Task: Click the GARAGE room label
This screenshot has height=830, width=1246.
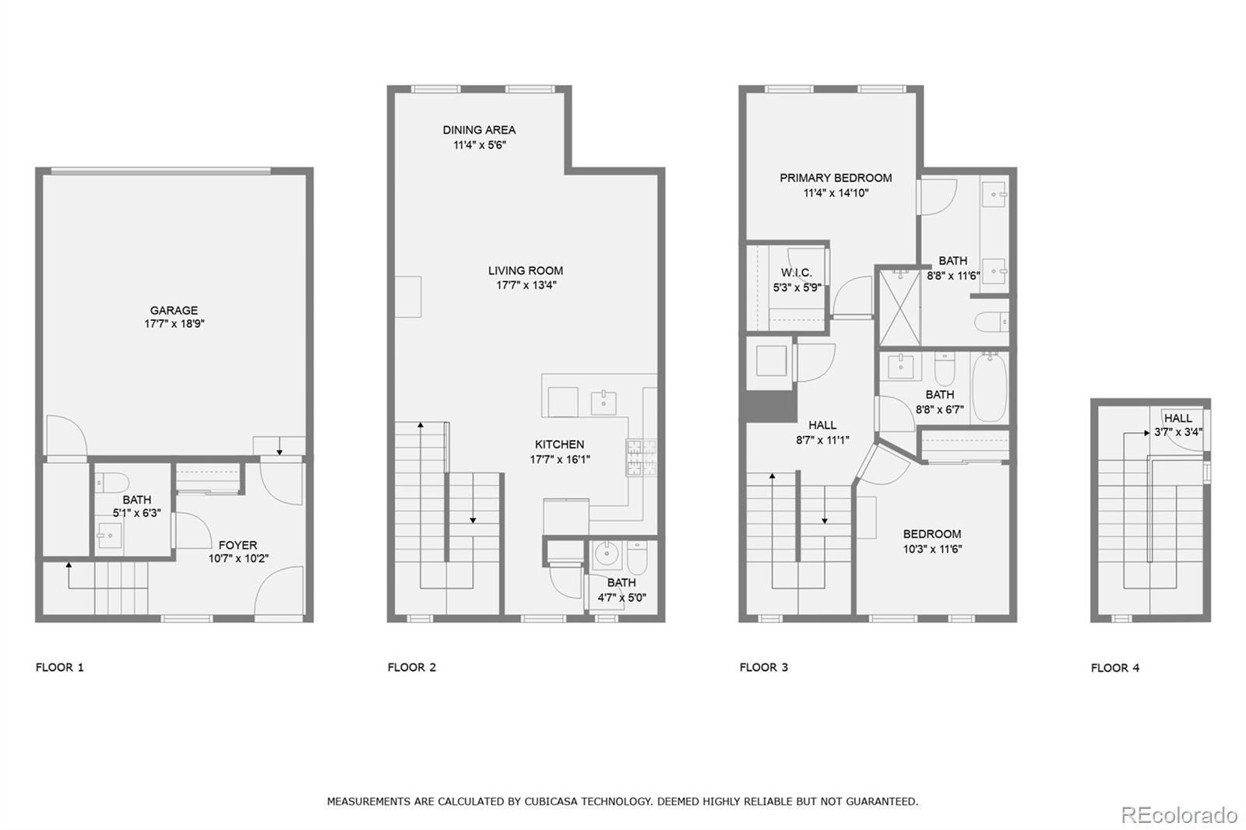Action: (x=174, y=310)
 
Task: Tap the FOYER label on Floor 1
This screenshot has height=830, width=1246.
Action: (x=238, y=545)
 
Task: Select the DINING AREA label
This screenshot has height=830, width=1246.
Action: (x=479, y=130)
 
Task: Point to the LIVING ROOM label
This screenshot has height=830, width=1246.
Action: (x=526, y=270)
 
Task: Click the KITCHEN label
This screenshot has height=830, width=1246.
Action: (x=560, y=445)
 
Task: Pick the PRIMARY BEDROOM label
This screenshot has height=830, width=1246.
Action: (x=836, y=178)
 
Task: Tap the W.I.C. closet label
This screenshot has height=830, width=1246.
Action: (x=796, y=273)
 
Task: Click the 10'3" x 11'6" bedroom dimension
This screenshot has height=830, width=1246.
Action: (x=932, y=549)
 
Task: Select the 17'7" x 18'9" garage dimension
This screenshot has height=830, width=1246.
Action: (x=174, y=324)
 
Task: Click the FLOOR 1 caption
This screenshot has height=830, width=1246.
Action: (x=60, y=667)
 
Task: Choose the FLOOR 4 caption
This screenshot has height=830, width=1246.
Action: (x=1115, y=668)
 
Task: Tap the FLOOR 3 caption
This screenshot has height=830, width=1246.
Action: (x=764, y=667)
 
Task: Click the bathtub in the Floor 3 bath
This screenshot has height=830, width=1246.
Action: (x=990, y=387)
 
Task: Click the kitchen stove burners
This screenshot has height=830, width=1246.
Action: (x=641, y=458)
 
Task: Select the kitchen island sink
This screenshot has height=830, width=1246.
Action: (x=603, y=403)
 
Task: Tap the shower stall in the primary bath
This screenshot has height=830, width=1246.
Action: (x=899, y=307)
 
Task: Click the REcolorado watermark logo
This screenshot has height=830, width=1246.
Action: (x=1179, y=814)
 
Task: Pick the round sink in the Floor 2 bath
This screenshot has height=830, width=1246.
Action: (x=605, y=555)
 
